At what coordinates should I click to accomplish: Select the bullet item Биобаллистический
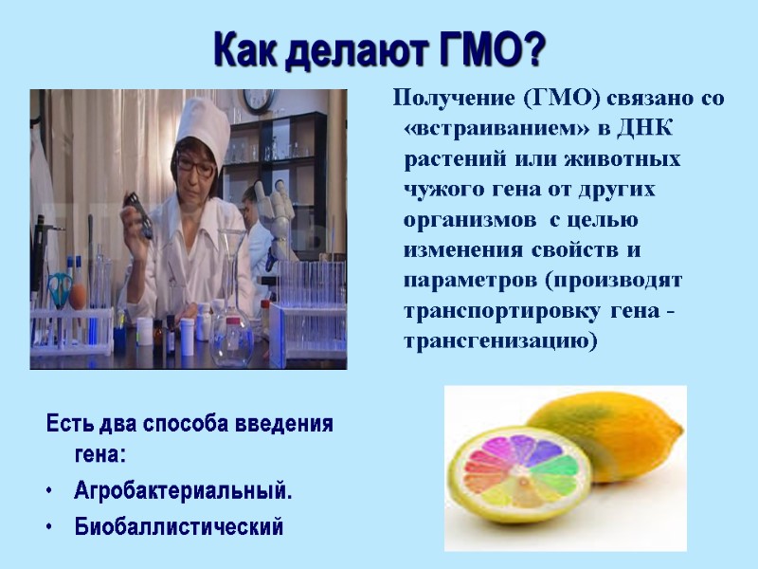(179, 526)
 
